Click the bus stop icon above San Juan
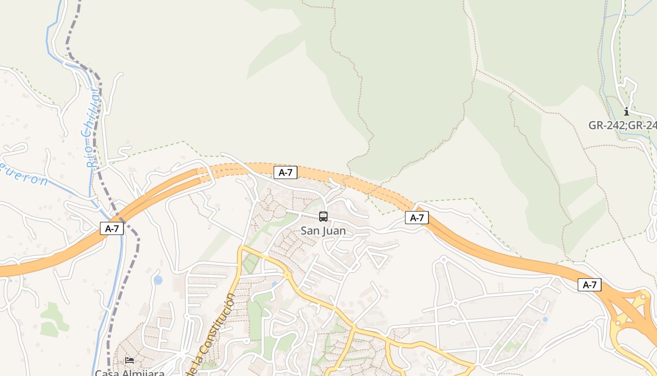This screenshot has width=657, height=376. pos(323,217)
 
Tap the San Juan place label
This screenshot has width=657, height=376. pos(323,231)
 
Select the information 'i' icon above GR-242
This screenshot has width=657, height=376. pos(626,111)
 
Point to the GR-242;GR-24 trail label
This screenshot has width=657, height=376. pos(622,125)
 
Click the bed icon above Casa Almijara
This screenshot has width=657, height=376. pos(130,360)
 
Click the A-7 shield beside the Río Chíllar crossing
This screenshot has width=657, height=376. pos(112,229)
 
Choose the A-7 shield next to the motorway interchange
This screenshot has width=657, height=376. pos(589,284)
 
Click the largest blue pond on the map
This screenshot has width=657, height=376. pos(158,280)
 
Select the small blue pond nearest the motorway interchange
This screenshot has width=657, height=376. pos(544,320)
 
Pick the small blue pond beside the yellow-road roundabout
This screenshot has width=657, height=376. pos(275,284)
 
